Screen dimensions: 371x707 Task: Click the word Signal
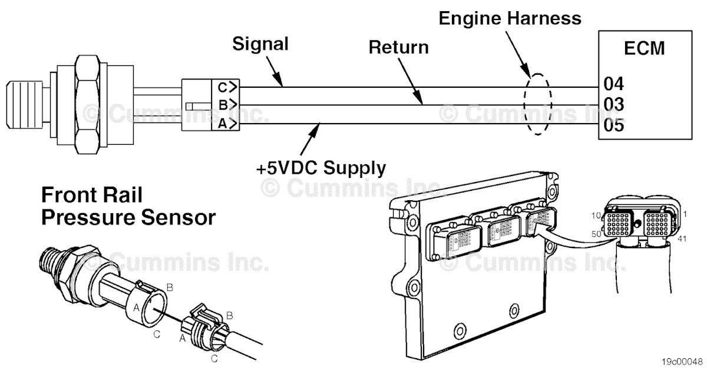point(260,44)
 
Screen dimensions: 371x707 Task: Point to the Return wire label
point(398,47)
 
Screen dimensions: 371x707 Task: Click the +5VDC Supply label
point(321,168)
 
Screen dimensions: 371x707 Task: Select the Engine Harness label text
point(510,18)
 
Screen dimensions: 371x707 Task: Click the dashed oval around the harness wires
point(537,105)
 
